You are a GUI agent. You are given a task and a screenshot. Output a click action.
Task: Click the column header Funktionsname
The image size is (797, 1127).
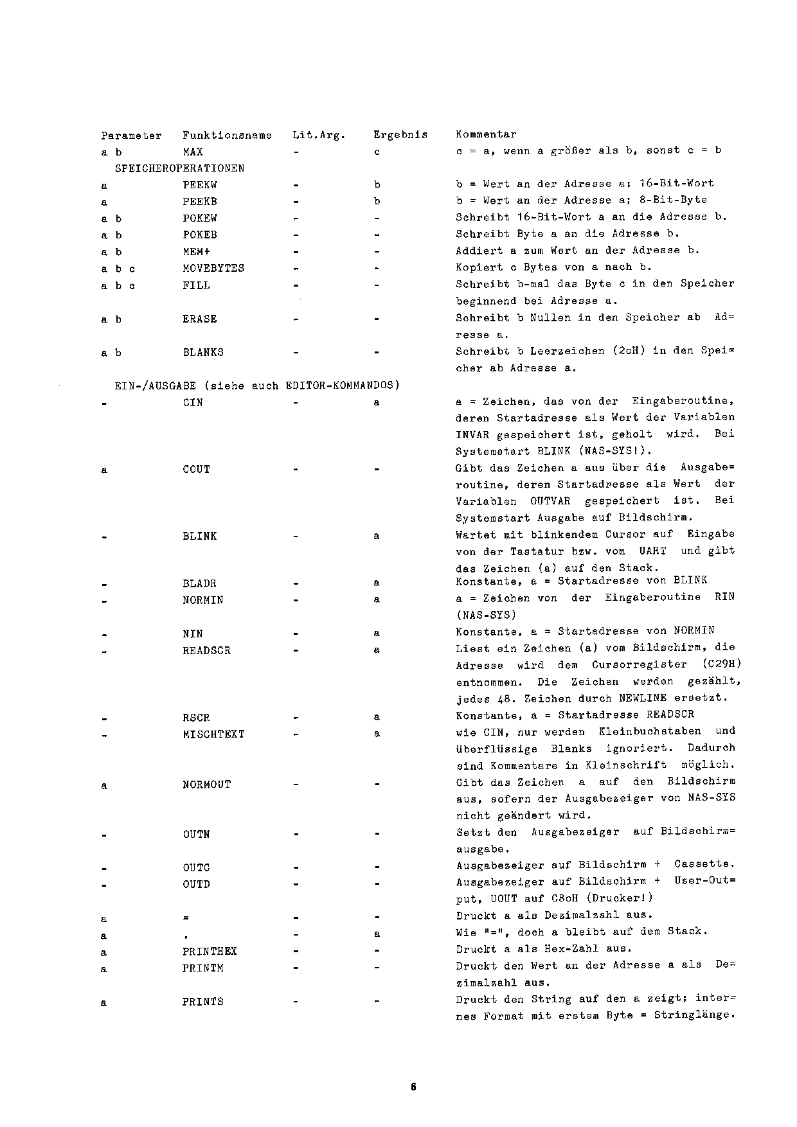pos(227,135)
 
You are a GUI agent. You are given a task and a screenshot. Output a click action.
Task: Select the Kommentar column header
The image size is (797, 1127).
pos(486,134)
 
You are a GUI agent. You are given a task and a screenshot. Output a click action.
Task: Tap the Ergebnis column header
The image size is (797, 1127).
pos(400,135)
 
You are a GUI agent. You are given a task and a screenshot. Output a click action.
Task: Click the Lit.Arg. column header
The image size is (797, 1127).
pos(319,135)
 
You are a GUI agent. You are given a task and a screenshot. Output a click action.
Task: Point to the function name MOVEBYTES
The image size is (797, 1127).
pos(213,269)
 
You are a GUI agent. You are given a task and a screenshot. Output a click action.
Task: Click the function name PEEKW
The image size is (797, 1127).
pos(200,185)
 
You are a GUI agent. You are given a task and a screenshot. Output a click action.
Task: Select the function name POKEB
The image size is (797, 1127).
pos(200,235)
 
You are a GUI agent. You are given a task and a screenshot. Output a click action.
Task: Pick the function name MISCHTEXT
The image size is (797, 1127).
pos(213,734)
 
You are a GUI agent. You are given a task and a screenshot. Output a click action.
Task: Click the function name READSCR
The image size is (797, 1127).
pos(206,651)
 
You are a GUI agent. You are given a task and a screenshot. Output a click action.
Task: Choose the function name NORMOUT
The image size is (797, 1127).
pos(206,785)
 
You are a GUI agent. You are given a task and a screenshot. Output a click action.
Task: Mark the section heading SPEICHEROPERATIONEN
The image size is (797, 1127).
pos(179,168)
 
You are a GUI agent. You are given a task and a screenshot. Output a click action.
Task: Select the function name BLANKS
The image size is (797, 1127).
pos(203,353)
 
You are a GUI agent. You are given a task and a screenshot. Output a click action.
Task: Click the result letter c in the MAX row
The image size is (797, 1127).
pos(377,152)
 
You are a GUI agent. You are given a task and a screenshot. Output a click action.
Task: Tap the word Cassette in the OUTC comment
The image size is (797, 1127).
pos(704,865)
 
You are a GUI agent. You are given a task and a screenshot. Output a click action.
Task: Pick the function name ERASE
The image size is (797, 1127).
pos(200,319)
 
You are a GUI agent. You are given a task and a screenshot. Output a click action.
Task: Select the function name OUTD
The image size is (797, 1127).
pos(196,885)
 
